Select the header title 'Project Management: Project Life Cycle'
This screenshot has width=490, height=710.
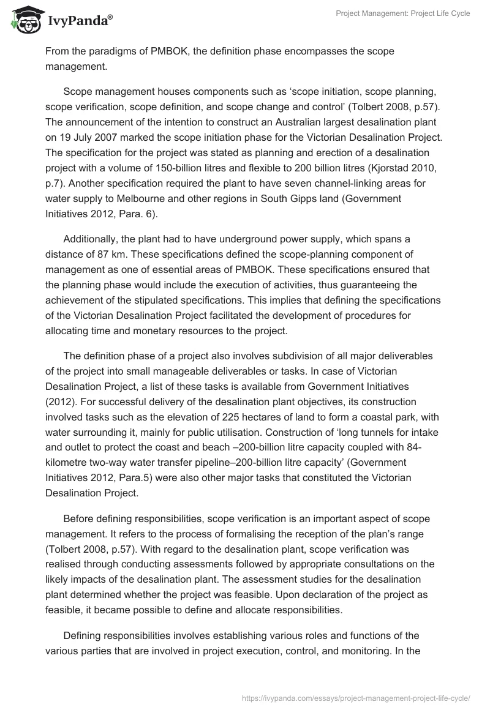(x=403, y=13)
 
